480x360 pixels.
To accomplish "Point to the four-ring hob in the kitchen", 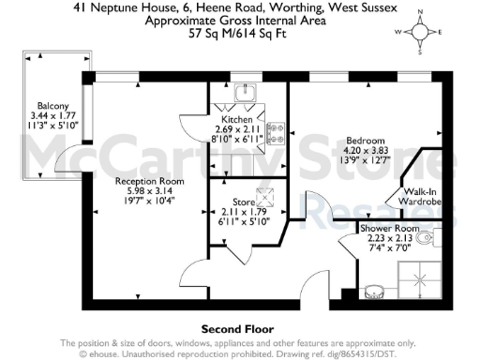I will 276,132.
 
